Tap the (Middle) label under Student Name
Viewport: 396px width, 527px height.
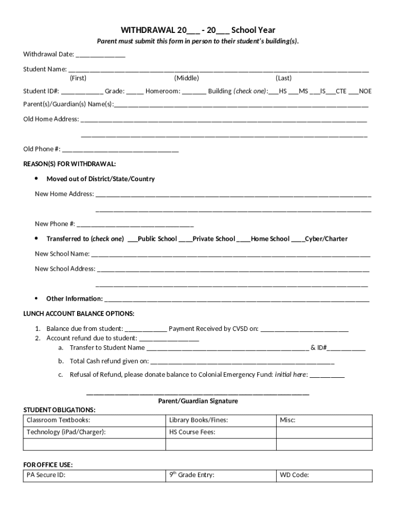pos(186,78)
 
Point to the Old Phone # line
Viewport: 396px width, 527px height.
pos(120,150)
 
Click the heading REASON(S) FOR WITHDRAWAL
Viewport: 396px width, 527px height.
pos(69,164)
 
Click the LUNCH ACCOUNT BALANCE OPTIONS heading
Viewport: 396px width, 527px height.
pos(79,313)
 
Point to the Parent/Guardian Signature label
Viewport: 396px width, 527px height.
pos(197,401)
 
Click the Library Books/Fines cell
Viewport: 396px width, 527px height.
pos(221,420)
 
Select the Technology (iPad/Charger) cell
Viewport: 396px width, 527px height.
pos(95,432)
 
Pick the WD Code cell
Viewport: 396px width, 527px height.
pos(323,476)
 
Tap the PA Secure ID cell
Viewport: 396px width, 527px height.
pos(95,476)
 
